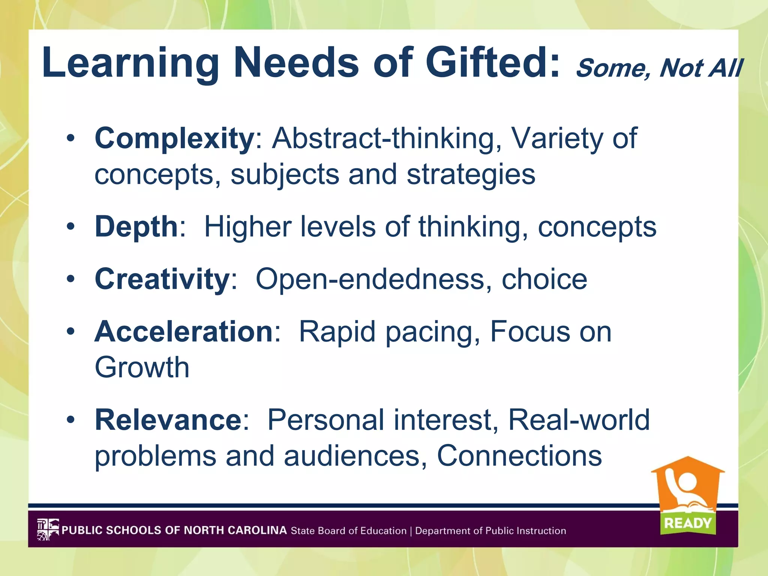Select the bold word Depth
[x=136, y=226]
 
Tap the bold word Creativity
[x=162, y=279]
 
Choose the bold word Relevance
[x=168, y=420]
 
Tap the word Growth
[x=142, y=367]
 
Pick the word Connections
[x=519, y=456]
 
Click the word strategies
[x=471, y=174]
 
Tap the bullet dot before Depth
[x=70, y=226]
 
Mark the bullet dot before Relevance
[x=70, y=420]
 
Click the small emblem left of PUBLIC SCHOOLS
[x=48, y=529]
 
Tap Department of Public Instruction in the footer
[x=490, y=531]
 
